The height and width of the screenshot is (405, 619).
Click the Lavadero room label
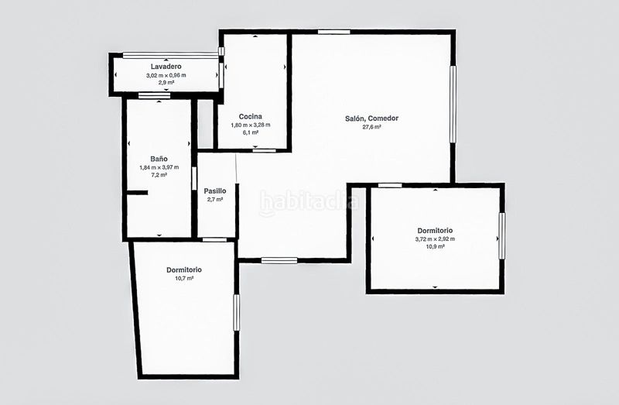(166, 67)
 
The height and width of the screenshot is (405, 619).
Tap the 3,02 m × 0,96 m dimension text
(166, 75)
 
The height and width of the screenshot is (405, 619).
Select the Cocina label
(250, 117)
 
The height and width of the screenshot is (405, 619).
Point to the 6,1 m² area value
(250, 132)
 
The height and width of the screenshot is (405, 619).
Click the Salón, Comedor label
(371, 118)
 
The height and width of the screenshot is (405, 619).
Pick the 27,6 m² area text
(371, 127)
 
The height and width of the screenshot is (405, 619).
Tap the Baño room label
(159, 159)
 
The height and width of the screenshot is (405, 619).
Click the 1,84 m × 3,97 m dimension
(159, 167)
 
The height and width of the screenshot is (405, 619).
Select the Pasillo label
(215, 191)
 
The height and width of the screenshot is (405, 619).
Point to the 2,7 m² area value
(215, 200)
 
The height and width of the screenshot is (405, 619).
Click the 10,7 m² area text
(184, 278)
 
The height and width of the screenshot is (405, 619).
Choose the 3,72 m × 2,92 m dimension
(435, 239)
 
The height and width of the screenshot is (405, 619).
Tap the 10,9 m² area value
(435, 246)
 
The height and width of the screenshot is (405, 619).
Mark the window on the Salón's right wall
(453, 104)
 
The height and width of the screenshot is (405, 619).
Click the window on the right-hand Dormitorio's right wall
(501, 236)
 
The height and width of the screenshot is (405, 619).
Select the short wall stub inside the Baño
(138, 193)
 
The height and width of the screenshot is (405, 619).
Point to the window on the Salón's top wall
(334, 32)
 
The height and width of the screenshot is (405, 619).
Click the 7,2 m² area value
(159, 175)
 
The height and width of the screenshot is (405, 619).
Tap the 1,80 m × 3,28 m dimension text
(250, 125)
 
